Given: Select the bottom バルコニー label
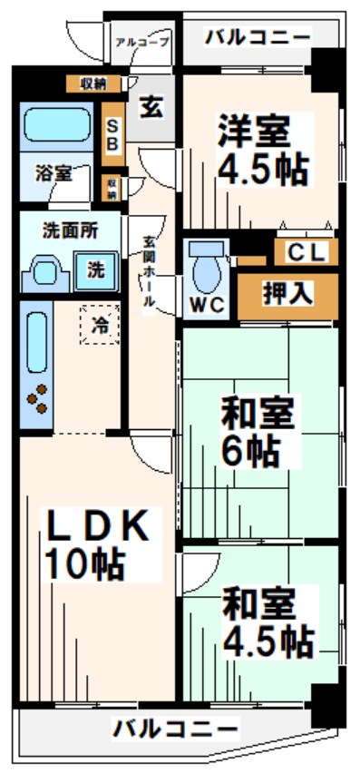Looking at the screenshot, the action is (x=177, y=728).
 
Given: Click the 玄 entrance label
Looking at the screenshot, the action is (x=151, y=107).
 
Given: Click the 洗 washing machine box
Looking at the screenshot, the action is (x=95, y=269).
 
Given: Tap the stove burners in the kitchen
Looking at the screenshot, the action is (x=38, y=400).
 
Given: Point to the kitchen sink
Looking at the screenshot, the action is (x=36, y=342).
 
